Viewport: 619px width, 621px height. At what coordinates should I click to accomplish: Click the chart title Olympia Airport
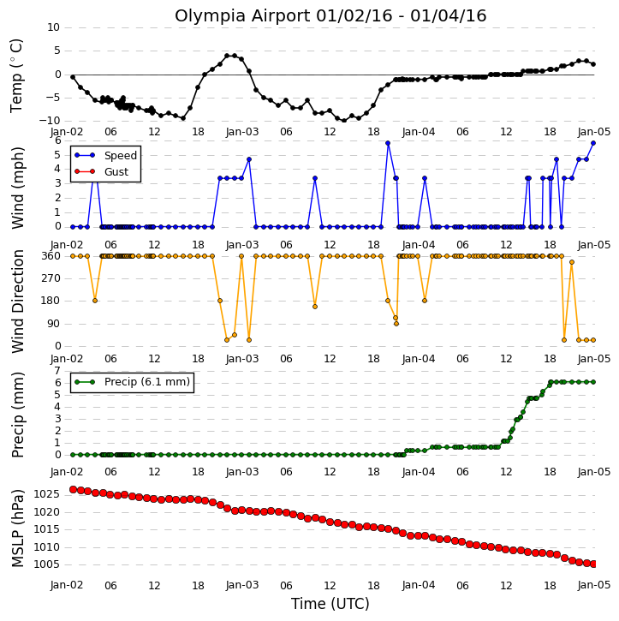pos(242,16)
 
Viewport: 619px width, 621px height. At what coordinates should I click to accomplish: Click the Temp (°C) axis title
pos(16,75)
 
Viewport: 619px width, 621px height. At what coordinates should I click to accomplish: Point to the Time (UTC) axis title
pos(330,604)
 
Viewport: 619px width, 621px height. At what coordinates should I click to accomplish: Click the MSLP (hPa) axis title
pos(17,528)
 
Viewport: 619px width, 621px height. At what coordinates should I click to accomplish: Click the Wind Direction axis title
pos(17,302)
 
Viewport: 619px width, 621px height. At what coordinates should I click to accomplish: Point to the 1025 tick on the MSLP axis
pos(46,494)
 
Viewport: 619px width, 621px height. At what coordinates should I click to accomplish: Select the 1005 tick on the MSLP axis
pos(46,564)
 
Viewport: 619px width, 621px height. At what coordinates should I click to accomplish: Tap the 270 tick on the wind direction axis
pos(51,278)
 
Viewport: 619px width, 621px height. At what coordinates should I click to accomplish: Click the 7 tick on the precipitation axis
pos(57,371)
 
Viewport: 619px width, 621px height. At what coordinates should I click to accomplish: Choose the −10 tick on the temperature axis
pos(51,121)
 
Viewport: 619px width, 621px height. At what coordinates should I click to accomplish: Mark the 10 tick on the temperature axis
pos(53,27)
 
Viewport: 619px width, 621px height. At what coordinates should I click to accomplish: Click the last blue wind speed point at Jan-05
pos(592,143)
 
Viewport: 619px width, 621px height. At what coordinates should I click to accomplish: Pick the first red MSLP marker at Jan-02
pos(73,489)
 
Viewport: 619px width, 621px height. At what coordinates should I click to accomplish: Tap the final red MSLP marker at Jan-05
pos(593,564)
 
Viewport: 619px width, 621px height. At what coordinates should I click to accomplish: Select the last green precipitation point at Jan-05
pos(592,382)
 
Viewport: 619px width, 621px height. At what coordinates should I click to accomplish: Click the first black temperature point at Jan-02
pos(73,77)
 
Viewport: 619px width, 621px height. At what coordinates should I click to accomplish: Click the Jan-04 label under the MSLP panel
pos(419,585)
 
